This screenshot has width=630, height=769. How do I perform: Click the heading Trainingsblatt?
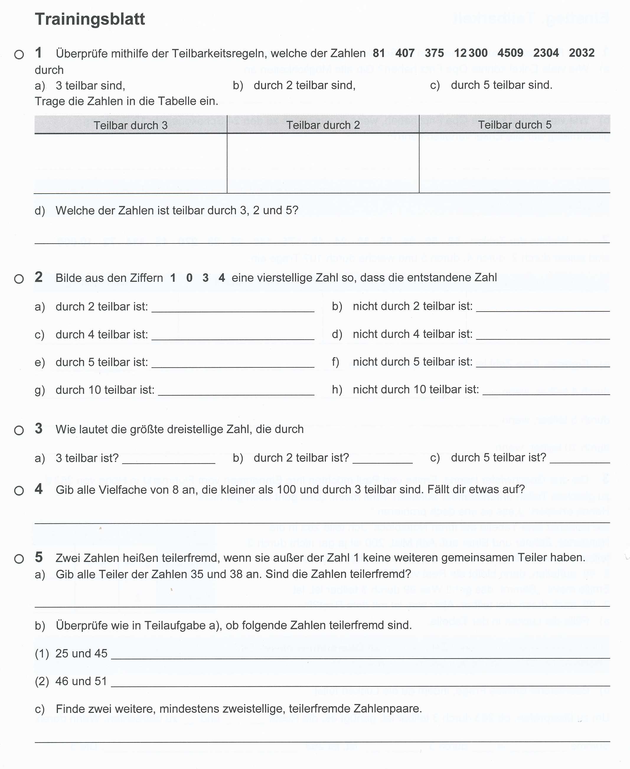coord(90,19)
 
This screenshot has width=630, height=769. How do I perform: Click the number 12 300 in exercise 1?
coord(471,53)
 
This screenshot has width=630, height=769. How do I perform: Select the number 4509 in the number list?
coord(510,53)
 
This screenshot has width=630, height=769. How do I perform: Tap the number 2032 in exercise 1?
coord(582,53)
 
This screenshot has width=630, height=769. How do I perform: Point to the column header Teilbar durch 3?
coord(131,125)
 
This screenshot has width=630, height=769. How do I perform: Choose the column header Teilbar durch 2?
coord(323,125)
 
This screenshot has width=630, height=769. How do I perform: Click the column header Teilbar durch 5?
coord(515,125)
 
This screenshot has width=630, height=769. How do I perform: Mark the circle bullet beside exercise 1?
coord(19,55)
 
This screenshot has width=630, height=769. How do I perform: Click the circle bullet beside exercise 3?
coord(19,431)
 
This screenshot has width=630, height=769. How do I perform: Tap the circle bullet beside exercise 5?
coord(19,559)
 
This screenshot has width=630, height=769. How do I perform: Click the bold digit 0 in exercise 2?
coord(189,278)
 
